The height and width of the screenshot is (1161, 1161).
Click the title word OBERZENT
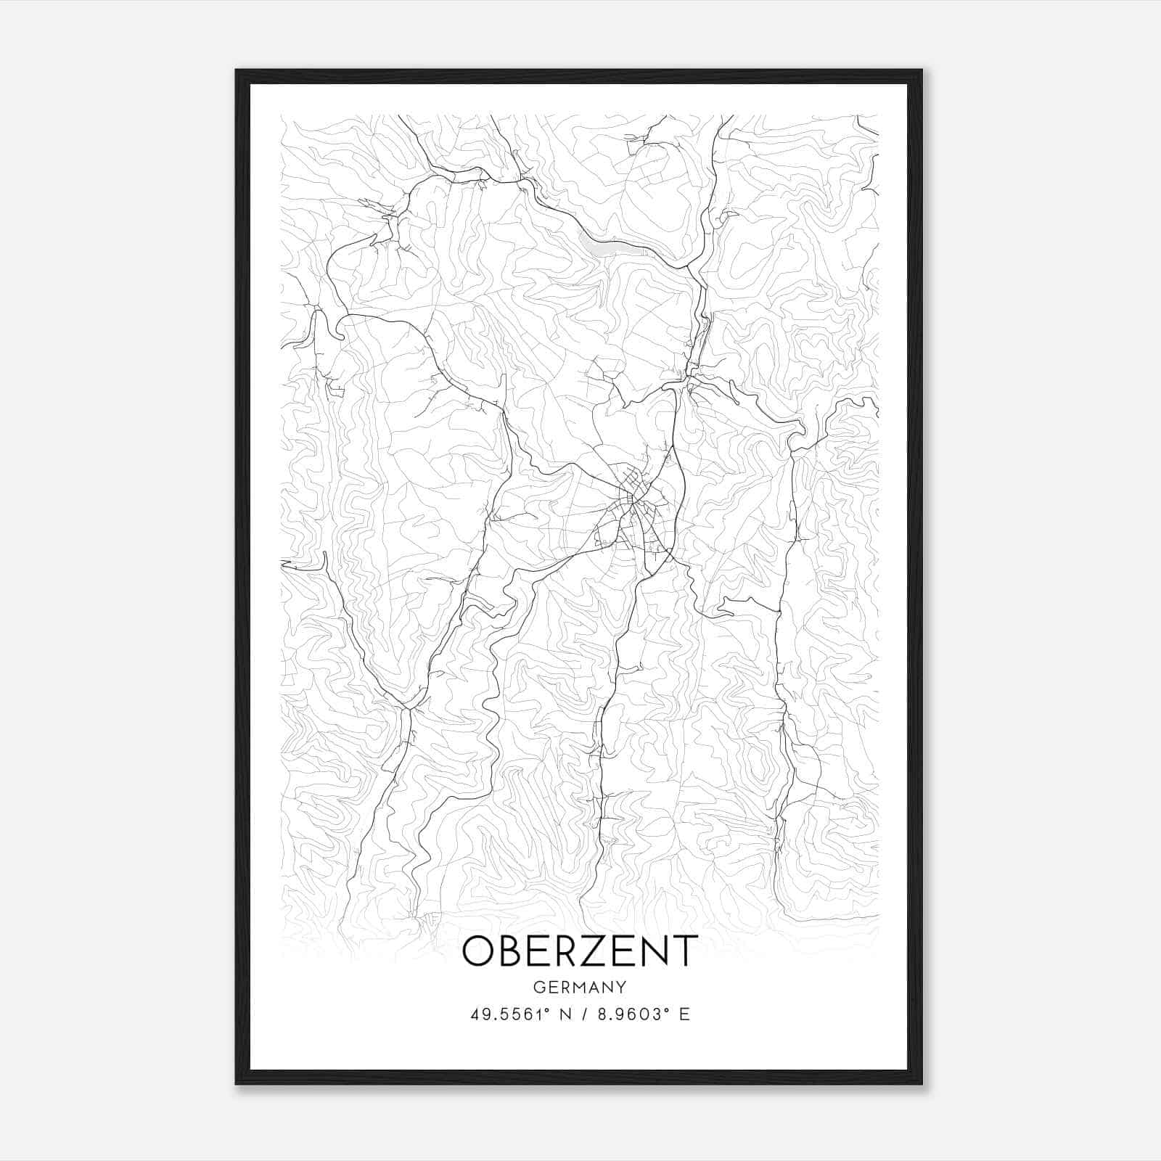click(x=580, y=951)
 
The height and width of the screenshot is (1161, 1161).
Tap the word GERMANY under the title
click(x=580, y=987)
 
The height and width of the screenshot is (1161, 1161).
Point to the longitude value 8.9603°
click(x=631, y=1014)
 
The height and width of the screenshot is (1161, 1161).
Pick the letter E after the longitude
click(x=684, y=1014)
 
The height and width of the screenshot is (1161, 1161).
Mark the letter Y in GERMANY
click(x=621, y=987)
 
